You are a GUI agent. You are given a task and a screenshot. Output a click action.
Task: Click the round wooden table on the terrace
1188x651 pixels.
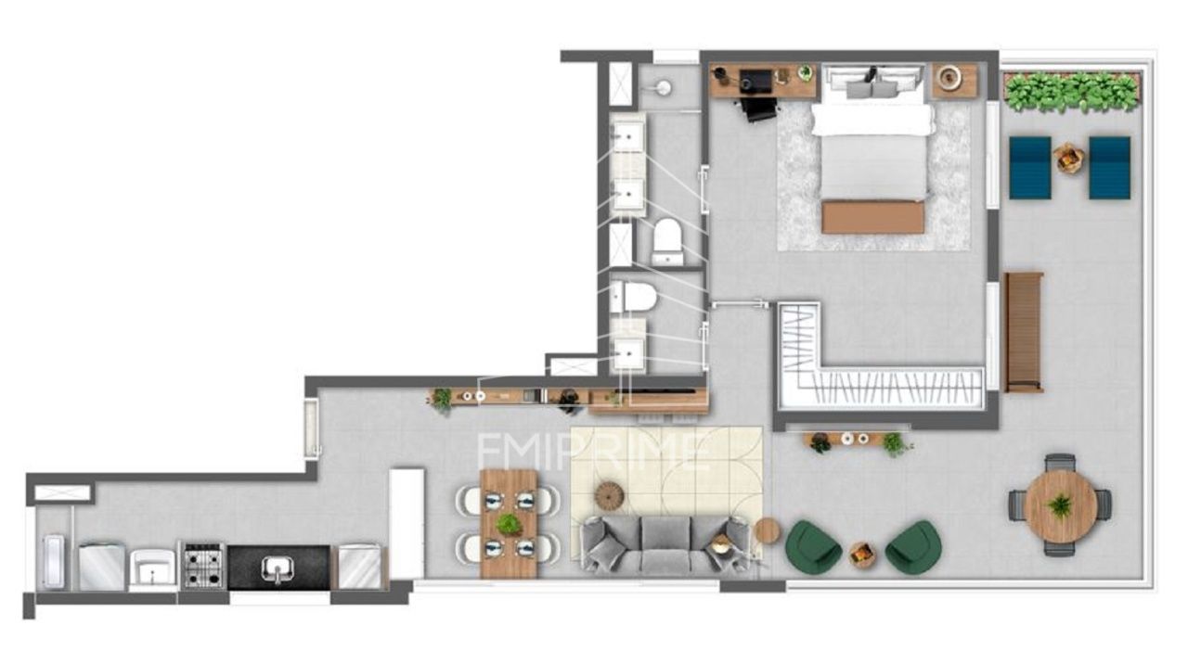[1061, 505]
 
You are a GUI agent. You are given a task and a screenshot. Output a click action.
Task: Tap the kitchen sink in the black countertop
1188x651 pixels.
[277, 568]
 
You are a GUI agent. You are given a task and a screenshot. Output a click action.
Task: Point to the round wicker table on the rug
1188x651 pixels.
[608, 496]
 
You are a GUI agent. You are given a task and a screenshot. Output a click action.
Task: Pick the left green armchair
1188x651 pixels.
[812, 546]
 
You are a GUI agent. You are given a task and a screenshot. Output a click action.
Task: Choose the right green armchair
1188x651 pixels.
[913, 546]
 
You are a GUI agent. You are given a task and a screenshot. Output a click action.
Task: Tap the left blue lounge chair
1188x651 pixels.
[1030, 168]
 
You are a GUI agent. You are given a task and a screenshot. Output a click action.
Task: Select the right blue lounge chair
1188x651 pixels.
[1109, 168]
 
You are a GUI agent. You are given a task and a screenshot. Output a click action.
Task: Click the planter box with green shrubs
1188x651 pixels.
[1071, 92]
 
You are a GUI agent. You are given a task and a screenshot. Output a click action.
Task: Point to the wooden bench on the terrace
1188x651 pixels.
[1024, 332]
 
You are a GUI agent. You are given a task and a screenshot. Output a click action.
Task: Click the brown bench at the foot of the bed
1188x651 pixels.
[873, 217]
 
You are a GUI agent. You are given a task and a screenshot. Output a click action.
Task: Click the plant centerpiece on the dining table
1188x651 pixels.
[508, 523]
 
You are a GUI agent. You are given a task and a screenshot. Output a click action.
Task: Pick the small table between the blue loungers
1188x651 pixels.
[1069, 158]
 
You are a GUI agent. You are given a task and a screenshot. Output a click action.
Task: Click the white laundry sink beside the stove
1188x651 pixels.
[153, 568]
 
